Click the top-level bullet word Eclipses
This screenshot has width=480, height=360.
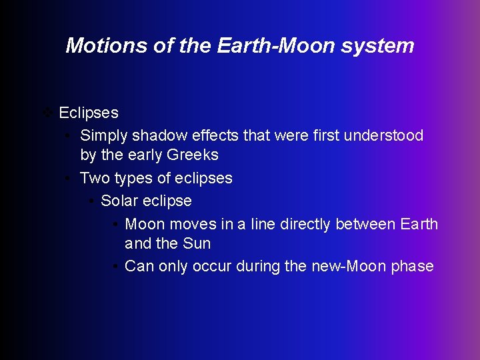point(89,113)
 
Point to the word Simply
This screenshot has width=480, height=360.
point(103,136)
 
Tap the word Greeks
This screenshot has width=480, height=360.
point(192,155)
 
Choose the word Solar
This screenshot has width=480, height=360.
point(119,201)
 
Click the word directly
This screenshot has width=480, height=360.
point(306,224)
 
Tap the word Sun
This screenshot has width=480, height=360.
point(197,244)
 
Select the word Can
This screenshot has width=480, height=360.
point(139,267)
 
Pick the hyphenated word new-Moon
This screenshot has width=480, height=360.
point(348,267)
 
